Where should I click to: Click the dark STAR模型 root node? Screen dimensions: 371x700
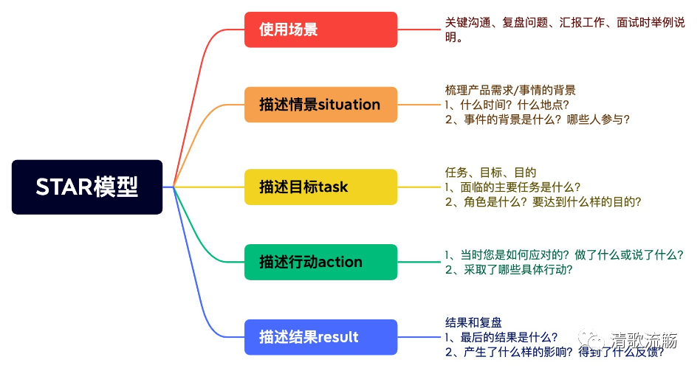pos(87,187)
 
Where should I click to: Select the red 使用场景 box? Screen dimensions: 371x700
pos(320,30)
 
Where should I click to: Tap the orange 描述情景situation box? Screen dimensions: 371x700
pos(320,105)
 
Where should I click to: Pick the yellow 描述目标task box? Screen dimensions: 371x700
pos(320,187)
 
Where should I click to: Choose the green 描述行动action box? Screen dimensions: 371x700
pos(320,262)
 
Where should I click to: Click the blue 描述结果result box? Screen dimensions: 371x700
pos(320,337)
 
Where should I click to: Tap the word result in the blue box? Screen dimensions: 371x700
pos(339,337)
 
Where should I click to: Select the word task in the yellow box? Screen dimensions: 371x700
pos(333,187)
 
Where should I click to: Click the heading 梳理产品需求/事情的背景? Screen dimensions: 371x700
pos(510,90)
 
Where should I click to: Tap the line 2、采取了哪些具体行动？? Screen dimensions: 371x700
pos(509,269)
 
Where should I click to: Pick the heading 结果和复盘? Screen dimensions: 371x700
pos(473,322)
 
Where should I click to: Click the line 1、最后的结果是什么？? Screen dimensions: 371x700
pos(501,337)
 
